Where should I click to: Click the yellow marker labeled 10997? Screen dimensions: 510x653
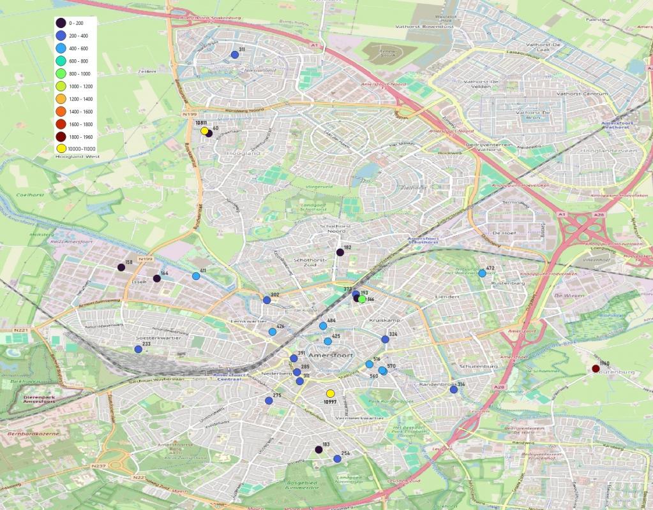pyautogui.click(x=330, y=393)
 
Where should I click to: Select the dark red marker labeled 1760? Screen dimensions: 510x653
pyautogui.click(x=596, y=368)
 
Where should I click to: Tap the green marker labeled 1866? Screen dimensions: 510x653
pyautogui.click(x=362, y=299)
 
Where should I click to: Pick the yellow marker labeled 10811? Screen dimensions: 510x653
pyautogui.click(x=204, y=131)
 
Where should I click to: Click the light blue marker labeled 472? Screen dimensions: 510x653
pyautogui.click(x=482, y=273)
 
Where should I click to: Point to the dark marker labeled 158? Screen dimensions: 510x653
pyautogui.click(x=121, y=267)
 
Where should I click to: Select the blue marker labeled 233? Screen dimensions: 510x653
pyautogui.click(x=138, y=349)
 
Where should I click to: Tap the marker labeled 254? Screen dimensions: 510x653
pyautogui.click(x=337, y=458)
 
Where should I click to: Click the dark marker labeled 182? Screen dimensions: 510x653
pyautogui.click(x=340, y=252)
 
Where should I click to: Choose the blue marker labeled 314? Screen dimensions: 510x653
pyautogui.click(x=453, y=389)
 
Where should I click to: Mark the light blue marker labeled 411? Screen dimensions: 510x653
pyautogui.click(x=195, y=276)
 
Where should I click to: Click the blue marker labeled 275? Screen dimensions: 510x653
pyautogui.click(x=269, y=400)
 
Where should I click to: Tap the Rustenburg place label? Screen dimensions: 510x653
pyautogui.click(x=508, y=282)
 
